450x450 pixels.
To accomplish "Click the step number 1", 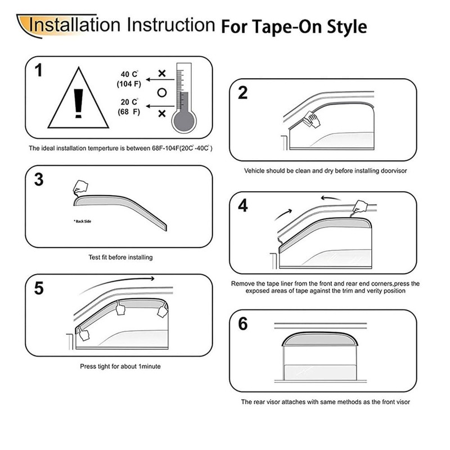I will [38, 70].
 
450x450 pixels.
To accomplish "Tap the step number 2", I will [243, 93].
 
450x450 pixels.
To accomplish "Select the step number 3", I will [39, 179].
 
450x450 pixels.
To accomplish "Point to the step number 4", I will [243, 205].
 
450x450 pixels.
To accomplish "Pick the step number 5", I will [39, 288].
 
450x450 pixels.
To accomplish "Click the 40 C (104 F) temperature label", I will [128, 79].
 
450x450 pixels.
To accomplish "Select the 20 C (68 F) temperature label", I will [128, 107].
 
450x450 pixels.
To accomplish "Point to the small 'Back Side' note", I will [82, 221].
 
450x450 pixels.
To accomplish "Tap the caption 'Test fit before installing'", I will [120, 257].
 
